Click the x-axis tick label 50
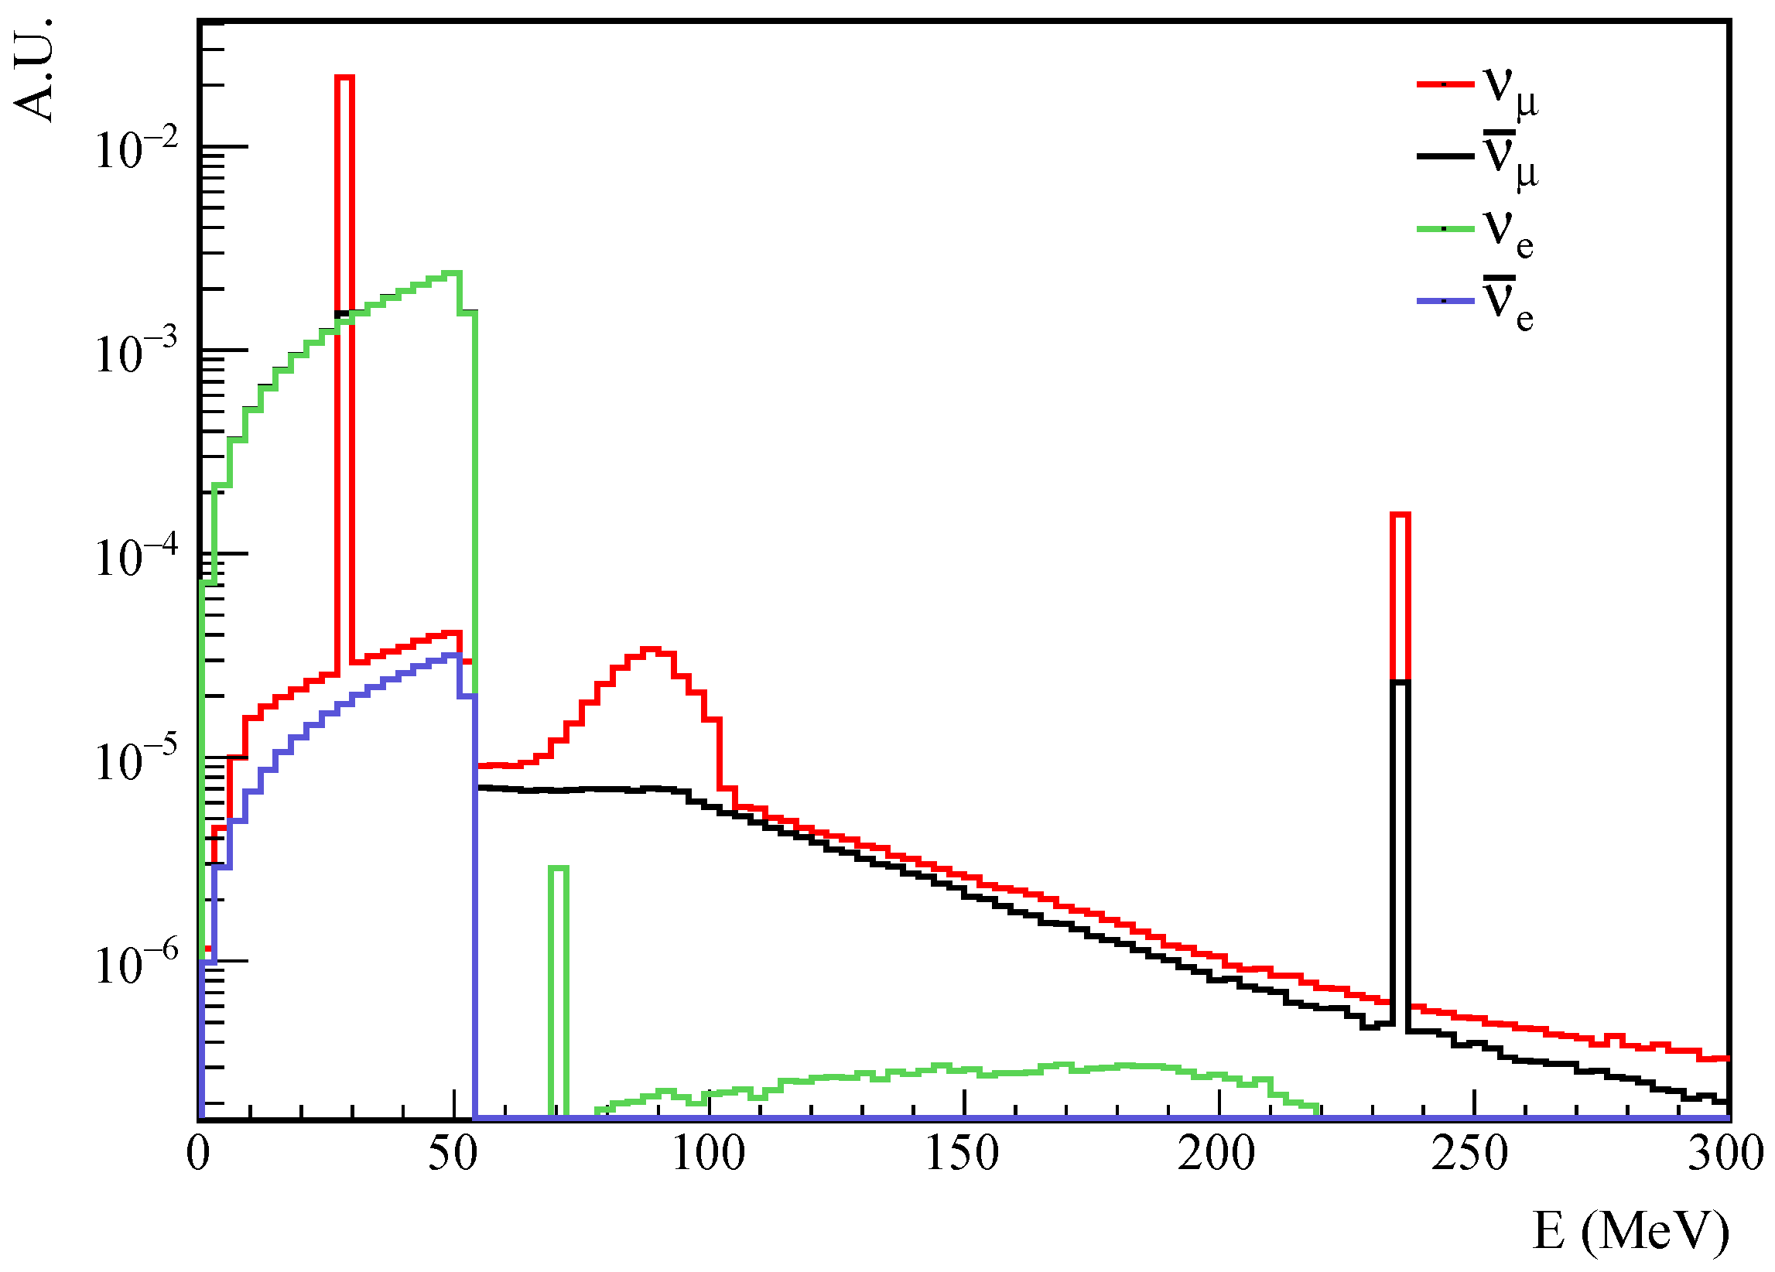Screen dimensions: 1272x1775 [x=453, y=1154]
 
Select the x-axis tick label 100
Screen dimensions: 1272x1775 [x=708, y=1154]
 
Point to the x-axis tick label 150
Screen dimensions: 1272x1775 [x=963, y=1154]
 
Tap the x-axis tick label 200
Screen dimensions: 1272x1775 [x=1217, y=1154]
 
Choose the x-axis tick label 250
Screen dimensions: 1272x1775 [x=1472, y=1154]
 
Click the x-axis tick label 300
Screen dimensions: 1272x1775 [x=1725, y=1154]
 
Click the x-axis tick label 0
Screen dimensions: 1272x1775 [x=199, y=1154]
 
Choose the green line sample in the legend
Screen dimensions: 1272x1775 [x=1445, y=228]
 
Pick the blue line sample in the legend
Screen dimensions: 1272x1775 [x=1445, y=300]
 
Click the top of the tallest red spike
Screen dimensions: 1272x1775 [x=344, y=77]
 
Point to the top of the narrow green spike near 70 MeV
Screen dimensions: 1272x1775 [x=558, y=867]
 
